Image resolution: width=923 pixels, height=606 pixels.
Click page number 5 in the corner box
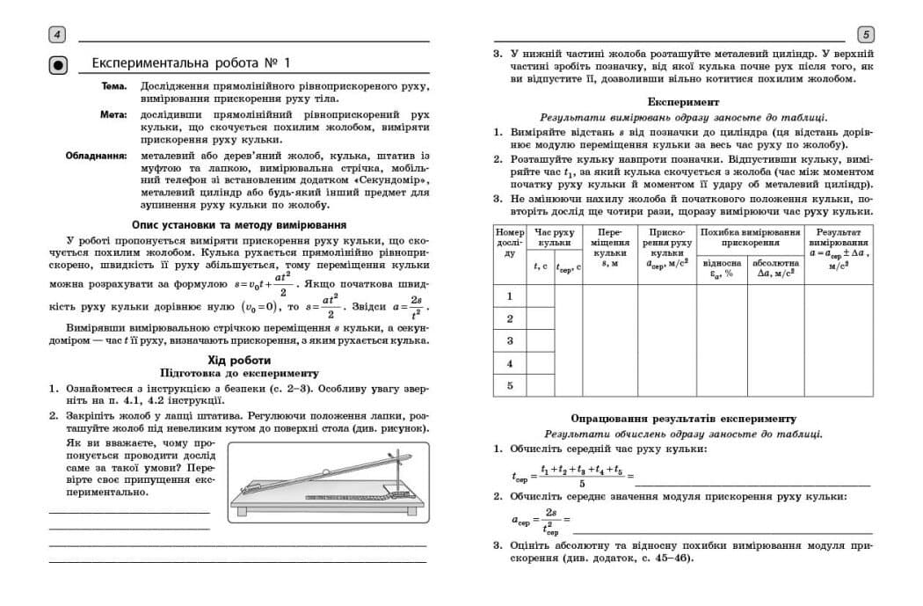pos(865,35)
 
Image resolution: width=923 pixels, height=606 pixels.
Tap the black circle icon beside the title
pos(57,64)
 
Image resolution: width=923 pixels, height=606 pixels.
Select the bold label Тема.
pos(114,86)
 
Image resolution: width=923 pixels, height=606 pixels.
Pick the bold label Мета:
pos(113,115)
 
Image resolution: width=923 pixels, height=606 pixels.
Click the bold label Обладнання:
pos(96,157)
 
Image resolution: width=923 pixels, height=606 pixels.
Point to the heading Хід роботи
pos(238,361)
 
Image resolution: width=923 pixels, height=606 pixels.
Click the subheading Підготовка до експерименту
pos(238,373)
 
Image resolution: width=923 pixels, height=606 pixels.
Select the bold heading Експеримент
pos(683,102)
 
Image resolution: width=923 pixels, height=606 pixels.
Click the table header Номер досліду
pos(510,243)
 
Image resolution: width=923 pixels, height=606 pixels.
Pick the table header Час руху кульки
pos(555,237)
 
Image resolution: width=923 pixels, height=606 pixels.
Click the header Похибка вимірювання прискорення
pos(750,237)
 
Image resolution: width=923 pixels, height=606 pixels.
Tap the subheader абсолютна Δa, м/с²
pos(775,267)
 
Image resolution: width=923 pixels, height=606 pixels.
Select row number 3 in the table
pos(510,340)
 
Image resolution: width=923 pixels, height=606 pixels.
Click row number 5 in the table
pos(510,384)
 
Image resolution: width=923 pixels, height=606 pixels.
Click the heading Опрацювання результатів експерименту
pos(683,419)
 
